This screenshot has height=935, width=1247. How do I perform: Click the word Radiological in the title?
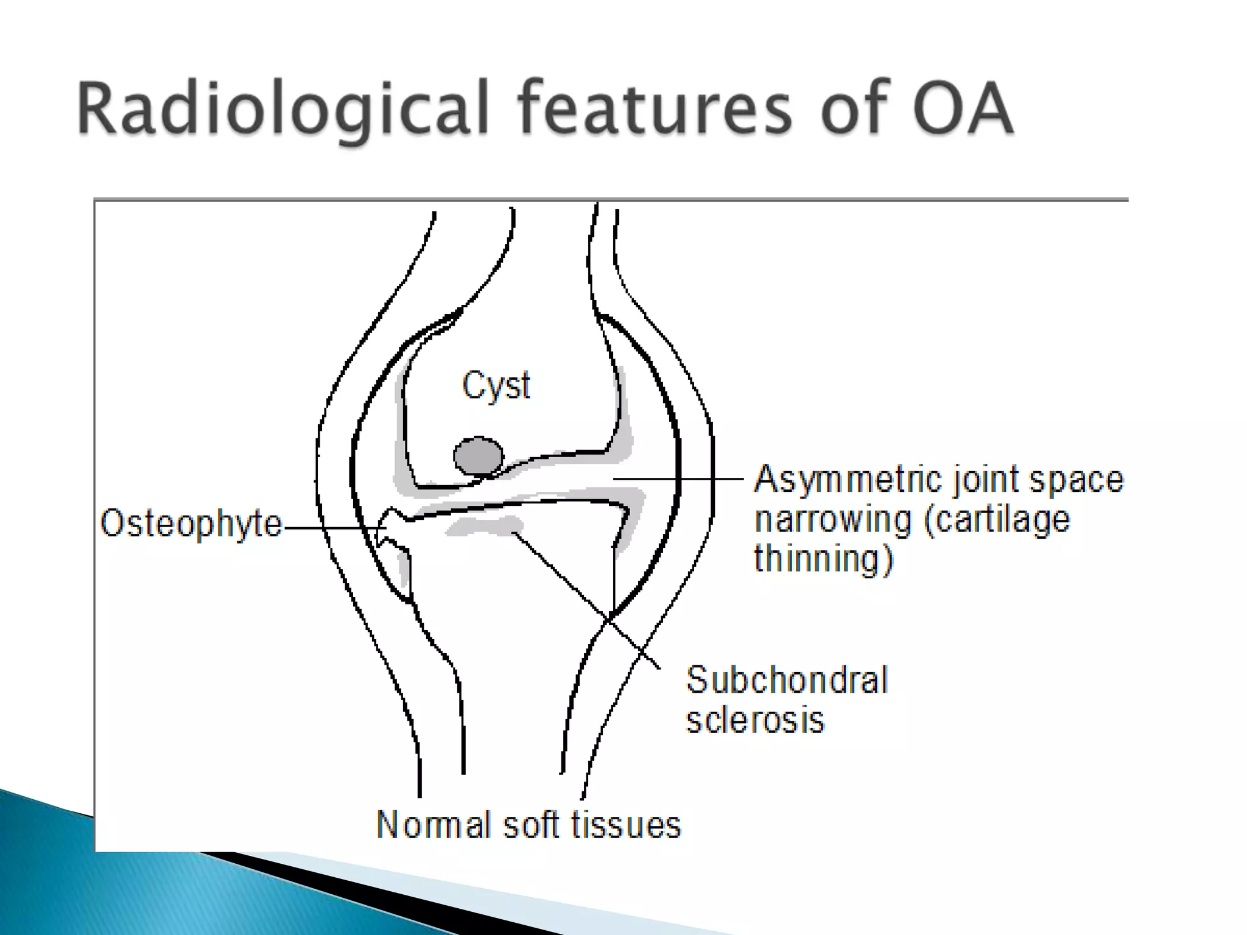[x=283, y=108]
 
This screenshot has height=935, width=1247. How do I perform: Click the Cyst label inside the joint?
[x=496, y=385]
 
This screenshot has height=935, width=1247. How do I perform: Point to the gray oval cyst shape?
[x=479, y=456]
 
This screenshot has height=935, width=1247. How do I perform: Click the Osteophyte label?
[x=191, y=524]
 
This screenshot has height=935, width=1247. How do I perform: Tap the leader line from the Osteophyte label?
[x=329, y=528]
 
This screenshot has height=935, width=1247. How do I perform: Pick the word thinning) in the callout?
[x=823, y=559]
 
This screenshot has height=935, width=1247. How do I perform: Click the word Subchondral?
[x=787, y=680]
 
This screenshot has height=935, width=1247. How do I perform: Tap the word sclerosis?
[x=755, y=720]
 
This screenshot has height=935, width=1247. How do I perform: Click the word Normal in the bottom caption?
[x=434, y=825]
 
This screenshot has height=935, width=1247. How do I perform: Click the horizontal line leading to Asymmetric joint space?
[x=676, y=479]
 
